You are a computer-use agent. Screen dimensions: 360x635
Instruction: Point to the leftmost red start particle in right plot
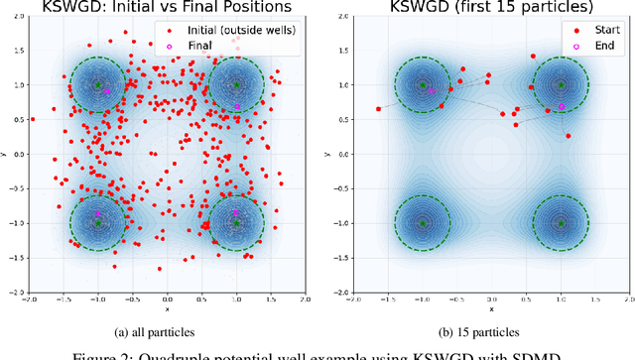(378, 109)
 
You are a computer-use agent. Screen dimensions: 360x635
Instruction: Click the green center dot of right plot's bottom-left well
(422, 223)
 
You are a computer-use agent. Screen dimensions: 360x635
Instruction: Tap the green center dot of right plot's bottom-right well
(561, 223)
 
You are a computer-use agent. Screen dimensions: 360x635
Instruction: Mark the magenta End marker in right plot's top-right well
(562, 106)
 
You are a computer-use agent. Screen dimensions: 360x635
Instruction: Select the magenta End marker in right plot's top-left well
(430, 91)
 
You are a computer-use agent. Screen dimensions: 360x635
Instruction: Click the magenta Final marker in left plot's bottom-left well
(97, 213)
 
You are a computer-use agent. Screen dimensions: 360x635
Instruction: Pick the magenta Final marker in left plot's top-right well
(237, 106)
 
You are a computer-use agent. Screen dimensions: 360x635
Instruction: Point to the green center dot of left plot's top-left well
(97, 85)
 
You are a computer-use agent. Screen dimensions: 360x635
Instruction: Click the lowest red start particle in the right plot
(567, 136)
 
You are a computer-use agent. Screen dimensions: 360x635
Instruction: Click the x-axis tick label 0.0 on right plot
(491, 300)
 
